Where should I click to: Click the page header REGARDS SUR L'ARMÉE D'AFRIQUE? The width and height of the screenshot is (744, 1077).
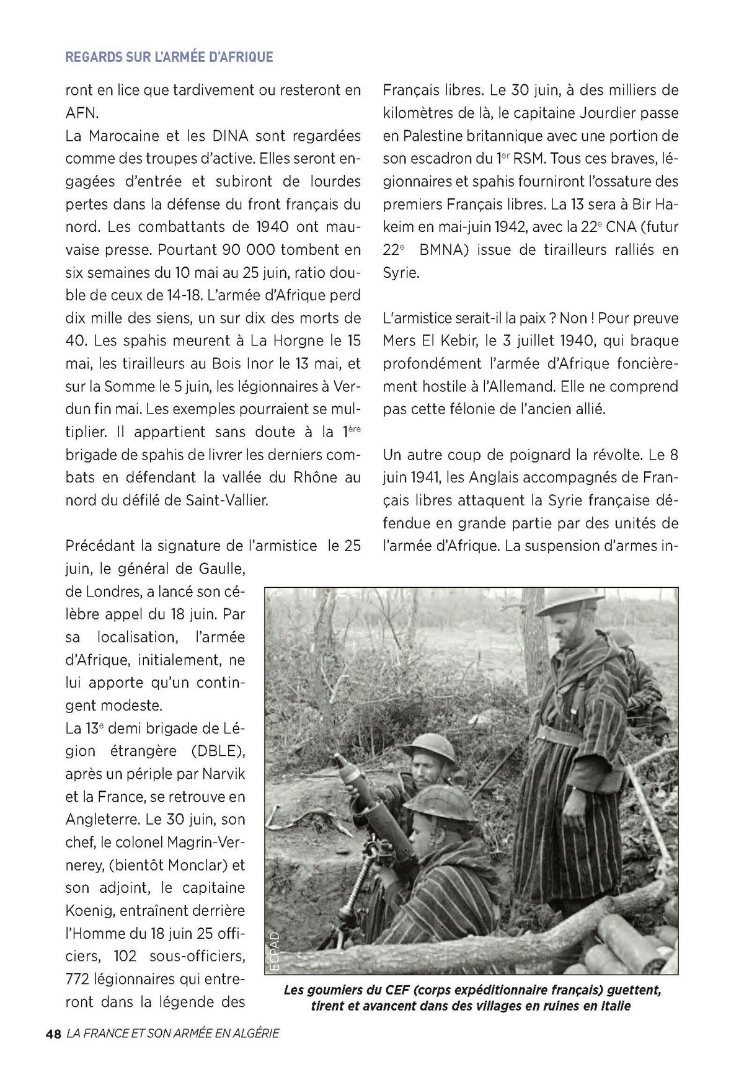169,57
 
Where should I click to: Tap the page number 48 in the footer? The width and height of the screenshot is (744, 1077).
53,1034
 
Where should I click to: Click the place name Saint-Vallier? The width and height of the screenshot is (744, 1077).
227,500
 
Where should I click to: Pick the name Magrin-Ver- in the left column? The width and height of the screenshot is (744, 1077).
195,842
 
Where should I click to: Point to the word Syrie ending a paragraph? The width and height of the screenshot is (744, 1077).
401,273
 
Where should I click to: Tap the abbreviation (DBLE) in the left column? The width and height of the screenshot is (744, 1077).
213,751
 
